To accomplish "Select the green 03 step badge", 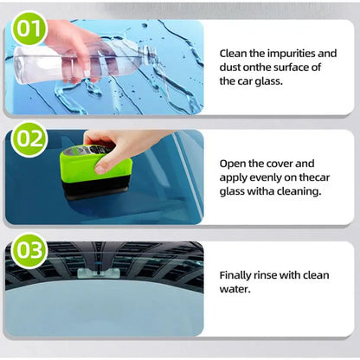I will tap(30, 252).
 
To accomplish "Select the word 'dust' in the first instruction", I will tap(232, 67).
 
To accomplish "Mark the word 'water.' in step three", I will tap(236, 288).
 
